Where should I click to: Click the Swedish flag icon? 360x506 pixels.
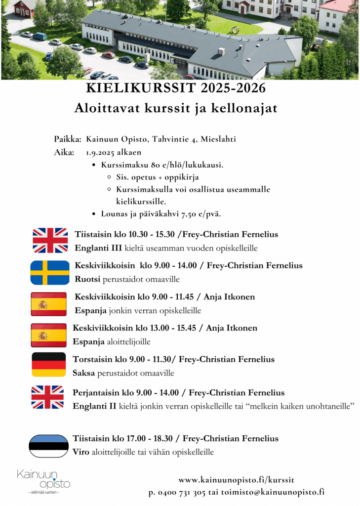tap(50, 272)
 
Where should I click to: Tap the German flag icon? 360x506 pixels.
tap(49, 365)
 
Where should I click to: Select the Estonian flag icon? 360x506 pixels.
tap(48, 446)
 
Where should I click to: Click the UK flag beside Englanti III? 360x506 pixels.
tap(50, 240)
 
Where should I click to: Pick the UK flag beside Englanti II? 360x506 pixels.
tap(47, 397)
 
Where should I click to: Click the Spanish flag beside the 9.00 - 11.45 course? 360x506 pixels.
tap(48, 304)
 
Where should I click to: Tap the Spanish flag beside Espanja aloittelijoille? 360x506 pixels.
tap(48, 335)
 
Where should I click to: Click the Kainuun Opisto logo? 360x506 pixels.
tap(44, 481)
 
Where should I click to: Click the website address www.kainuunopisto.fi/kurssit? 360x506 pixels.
tap(236, 480)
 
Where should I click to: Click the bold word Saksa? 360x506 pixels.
tap(83, 373)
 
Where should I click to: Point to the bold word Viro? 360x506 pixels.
tap(80, 452)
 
